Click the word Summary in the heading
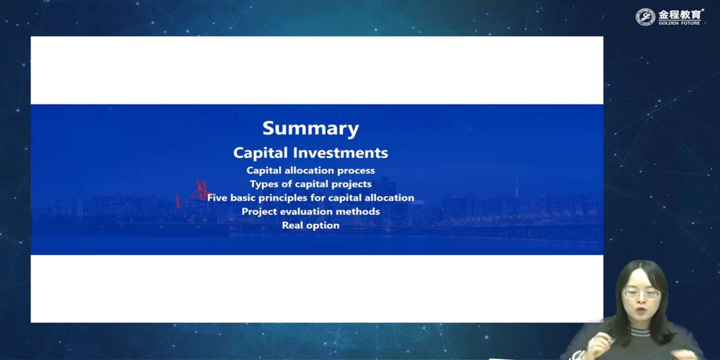[311, 129]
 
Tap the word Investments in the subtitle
[340, 153]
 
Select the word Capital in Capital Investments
[260, 153]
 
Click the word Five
[217, 198]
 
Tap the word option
[322, 226]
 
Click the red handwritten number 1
[178, 201]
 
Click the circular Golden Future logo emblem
[645, 17]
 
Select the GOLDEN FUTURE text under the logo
[679, 23]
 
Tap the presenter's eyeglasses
[642, 294]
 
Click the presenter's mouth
[641, 311]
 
